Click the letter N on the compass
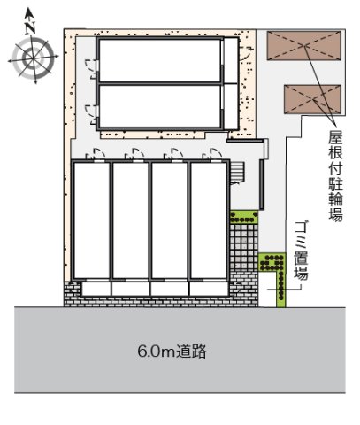pyautogui.click(x=31, y=26)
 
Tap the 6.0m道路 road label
pyautogui.click(x=172, y=352)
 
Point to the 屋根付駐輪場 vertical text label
pyautogui.click(x=334, y=175)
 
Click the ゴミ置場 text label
pyautogui.click(x=300, y=251)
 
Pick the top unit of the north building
pyautogui.click(x=159, y=61)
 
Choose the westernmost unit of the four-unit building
pyautogui.click(x=91, y=220)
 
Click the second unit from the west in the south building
pyautogui.click(x=129, y=220)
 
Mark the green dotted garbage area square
pyautogui.click(x=271, y=261)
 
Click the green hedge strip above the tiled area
pyautogui.click(x=241, y=214)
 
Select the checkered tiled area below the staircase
pyautogui.click(x=241, y=248)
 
